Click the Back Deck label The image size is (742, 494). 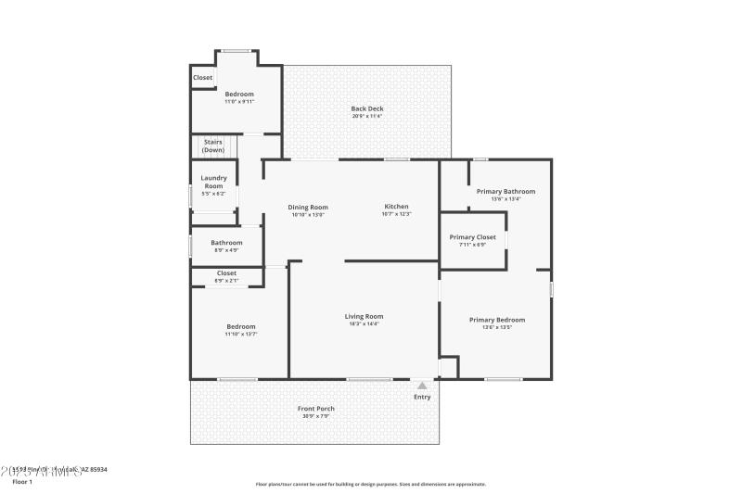coord(367,108)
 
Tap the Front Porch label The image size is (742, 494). coord(315,409)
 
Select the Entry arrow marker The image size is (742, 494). coord(422,386)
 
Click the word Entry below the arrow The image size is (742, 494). coord(422,398)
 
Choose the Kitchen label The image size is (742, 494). coord(396,207)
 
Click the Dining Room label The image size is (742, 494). coord(308,207)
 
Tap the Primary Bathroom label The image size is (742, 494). coord(505,191)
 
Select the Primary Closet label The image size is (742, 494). coord(474,237)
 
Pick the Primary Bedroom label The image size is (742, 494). coord(497,320)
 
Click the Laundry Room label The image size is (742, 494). coord(213,182)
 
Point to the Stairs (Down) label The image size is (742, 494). coord(213,146)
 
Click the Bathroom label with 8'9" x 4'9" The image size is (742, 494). coord(226,243)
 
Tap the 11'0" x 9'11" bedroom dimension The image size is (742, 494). coord(239,102)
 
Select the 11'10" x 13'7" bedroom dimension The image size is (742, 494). coord(241,334)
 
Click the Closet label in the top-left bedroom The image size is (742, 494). coord(203,78)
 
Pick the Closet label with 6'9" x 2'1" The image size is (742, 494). coord(226,273)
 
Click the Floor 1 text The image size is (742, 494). coord(22,482)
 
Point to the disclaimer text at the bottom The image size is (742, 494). coord(371,484)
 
